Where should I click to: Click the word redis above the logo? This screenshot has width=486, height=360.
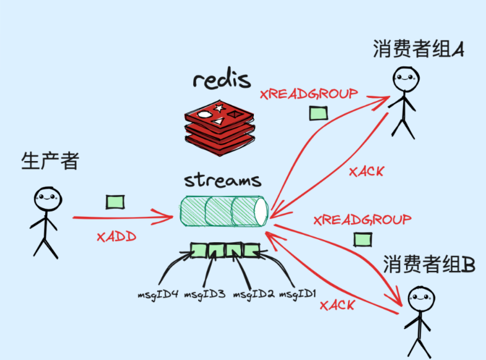click(222, 81)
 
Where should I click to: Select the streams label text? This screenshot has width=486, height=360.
click(222, 181)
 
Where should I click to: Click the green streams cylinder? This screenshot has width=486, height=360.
click(223, 212)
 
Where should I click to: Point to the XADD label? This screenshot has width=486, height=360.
click(116, 237)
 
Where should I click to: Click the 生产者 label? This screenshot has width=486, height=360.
click(50, 161)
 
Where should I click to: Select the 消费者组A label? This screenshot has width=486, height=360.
click(419, 50)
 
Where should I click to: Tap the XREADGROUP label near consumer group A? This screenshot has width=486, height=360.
click(309, 94)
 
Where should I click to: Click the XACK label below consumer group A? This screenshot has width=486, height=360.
click(366, 172)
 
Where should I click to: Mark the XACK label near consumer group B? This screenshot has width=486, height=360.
click(337, 305)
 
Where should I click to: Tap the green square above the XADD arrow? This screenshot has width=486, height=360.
click(115, 202)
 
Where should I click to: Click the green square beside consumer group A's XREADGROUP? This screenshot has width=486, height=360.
click(318, 113)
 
